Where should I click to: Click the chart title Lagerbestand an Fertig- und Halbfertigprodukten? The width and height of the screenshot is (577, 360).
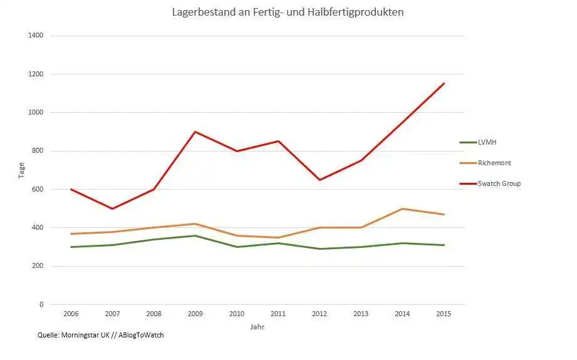click(288, 13)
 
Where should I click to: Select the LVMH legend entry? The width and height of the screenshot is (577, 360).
click(487, 142)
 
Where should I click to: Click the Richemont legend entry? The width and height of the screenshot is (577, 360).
click(494, 163)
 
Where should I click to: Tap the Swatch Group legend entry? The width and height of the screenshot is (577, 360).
click(499, 183)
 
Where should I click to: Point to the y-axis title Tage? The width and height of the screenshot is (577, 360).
click(21, 170)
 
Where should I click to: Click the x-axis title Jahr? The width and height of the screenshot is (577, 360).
click(257, 327)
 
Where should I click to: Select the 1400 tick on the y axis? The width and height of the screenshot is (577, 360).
click(36, 36)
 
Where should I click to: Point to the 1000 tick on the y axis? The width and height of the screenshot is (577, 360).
click(36, 113)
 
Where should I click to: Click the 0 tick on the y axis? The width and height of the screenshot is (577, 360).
click(41, 304)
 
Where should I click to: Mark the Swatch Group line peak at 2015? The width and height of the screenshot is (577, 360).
click(444, 83)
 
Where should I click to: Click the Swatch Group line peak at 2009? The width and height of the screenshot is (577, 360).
click(195, 131)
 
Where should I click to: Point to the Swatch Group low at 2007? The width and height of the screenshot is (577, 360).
click(112, 208)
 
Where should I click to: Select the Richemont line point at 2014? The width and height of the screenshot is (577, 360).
click(402, 208)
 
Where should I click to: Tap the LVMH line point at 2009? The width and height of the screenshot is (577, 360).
click(195, 235)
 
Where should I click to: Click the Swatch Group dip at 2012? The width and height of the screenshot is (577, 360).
click(320, 180)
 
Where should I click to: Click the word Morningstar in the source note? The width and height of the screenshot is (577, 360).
click(83, 336)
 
